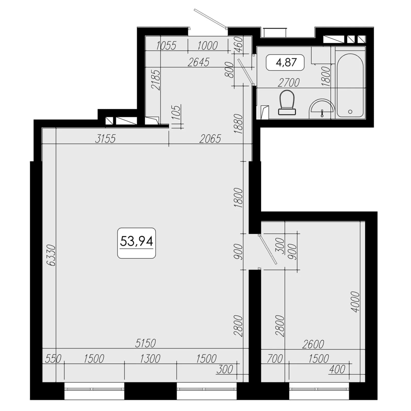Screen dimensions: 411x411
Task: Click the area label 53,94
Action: (136, 242)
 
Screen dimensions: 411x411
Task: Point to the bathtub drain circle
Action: (350, 112)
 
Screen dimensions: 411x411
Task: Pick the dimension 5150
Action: (146, 343)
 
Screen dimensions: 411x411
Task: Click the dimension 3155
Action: (105, 139)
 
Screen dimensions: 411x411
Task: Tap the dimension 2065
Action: (210, 139)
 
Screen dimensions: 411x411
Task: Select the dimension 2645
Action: (198, 62)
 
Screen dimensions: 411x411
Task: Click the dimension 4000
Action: (355, 302)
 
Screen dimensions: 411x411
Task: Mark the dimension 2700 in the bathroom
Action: (289, 83)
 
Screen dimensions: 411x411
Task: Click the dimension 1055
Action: (166, 46)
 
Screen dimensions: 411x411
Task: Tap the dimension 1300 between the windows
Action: (150, 359)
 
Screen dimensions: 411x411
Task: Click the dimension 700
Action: (275, 359)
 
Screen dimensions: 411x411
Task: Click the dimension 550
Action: (53, 359)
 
